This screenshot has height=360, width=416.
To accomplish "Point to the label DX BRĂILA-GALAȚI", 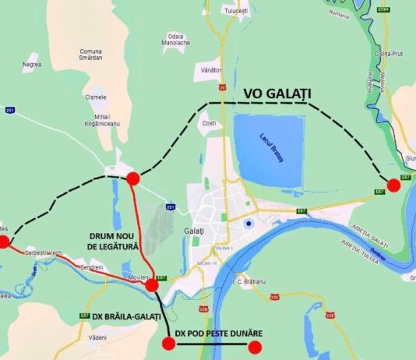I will pos(120,316).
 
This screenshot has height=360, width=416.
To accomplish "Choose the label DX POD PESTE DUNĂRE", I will pos(218,334).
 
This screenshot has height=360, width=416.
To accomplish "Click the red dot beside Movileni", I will pos(151,285).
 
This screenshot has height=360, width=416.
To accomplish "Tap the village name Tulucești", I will pos(234,11).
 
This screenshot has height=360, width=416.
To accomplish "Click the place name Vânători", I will pos(211,70).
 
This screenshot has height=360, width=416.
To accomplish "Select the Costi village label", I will pos(208,124).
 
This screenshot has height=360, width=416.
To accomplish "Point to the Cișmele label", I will pos(95,97).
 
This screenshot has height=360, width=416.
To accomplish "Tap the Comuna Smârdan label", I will pos(90,55).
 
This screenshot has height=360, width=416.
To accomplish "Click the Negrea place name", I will pos(32,64).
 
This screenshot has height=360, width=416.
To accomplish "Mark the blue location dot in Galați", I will pos(249,224).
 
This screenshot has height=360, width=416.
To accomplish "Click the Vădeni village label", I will pos(97,337).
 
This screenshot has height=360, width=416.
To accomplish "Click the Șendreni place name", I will pos(91,267).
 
